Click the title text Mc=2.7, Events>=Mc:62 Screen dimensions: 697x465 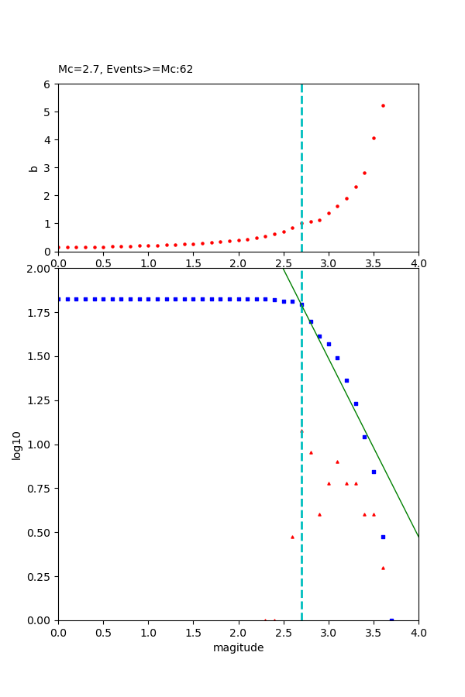tap(126, 69)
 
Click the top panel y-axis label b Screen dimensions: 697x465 tap(33, 167)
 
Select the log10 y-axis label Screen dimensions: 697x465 tap(16, 445)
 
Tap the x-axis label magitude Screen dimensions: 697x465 tap(238, 647)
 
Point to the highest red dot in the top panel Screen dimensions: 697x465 tap(383, 105)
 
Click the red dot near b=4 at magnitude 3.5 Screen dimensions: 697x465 tap(374, 138)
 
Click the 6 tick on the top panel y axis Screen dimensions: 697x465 tap(49, 84)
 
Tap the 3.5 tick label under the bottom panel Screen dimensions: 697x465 tap(374, 632)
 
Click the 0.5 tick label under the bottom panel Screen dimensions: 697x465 tap(103, 632)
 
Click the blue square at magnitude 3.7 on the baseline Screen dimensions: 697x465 tap(391, 620)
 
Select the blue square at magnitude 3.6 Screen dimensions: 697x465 tap(383, 537)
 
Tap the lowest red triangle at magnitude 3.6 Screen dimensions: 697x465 tap(383, 568)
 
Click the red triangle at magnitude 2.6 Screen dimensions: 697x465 tap(292, 537)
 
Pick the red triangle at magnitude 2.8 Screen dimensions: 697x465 tap(311, 452)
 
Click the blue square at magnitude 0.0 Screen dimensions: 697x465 tap(59, 299)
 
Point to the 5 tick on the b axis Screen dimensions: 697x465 tap(49, 112)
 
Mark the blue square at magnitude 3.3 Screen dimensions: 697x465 tap(356, 403)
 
